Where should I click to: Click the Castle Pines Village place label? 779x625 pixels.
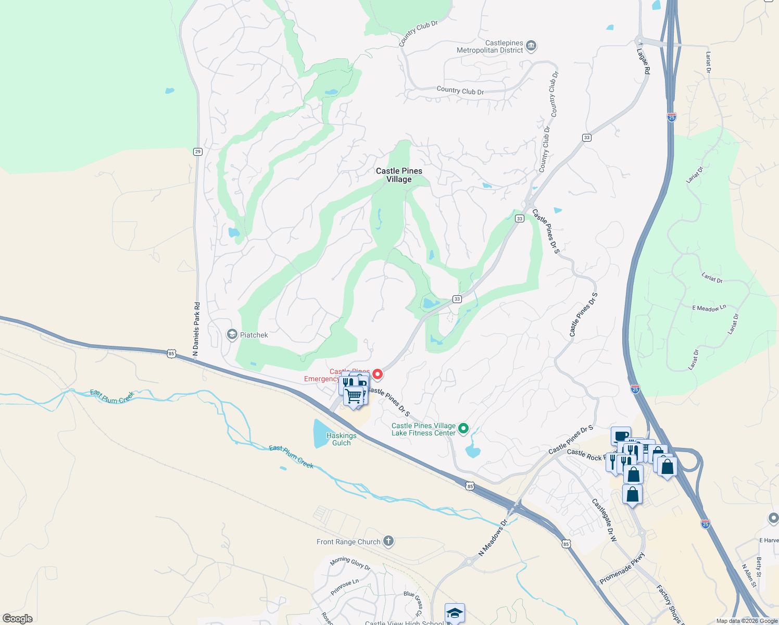399,175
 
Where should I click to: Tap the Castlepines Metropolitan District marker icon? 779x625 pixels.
531,46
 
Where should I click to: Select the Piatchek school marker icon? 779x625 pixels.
232,335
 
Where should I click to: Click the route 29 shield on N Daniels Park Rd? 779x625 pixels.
197,152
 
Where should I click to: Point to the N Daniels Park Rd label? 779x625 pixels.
196,329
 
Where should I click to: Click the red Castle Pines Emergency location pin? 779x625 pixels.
378,374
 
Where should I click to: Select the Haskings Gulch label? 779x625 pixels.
342,439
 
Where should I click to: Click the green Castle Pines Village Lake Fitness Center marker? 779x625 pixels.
463,429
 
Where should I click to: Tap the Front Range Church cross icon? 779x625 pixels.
388,541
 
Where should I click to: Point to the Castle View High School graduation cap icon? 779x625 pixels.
455,613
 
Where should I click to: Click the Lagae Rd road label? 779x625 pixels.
644,61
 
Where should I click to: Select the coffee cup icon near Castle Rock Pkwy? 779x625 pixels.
621,436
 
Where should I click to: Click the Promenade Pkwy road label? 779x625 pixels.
622,568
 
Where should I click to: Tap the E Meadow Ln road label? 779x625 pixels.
709,308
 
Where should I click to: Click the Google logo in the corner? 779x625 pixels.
18,619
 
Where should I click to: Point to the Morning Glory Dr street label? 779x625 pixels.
350,564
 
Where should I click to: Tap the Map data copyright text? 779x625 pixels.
746,621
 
